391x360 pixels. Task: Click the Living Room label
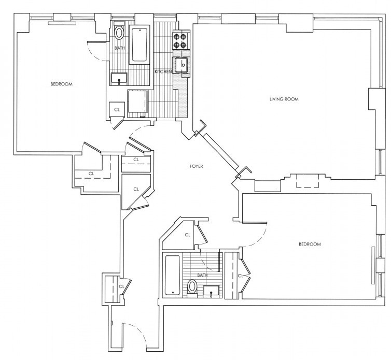click(284, 99)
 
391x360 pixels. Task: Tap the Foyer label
click(196, 166)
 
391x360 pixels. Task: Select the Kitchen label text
click(163, 71)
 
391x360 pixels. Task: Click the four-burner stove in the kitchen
click(180, 41)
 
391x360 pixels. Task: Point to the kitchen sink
click(182, 65)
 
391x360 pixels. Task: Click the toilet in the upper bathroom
click(119, 31)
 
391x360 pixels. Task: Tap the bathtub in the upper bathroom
click(139, 45)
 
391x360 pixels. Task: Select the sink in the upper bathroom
click(119, 79)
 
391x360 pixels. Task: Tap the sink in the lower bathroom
click(211, 291)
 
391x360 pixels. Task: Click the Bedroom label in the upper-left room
click(61, 84)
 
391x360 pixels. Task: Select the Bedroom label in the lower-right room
click(310, 244)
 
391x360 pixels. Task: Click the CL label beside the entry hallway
click(121, 286)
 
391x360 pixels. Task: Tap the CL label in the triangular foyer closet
click(136, 189)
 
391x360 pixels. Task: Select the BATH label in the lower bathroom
click(202, 275)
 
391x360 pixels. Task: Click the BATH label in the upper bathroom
click(120, 48)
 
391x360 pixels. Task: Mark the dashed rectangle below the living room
click(307, 181)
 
